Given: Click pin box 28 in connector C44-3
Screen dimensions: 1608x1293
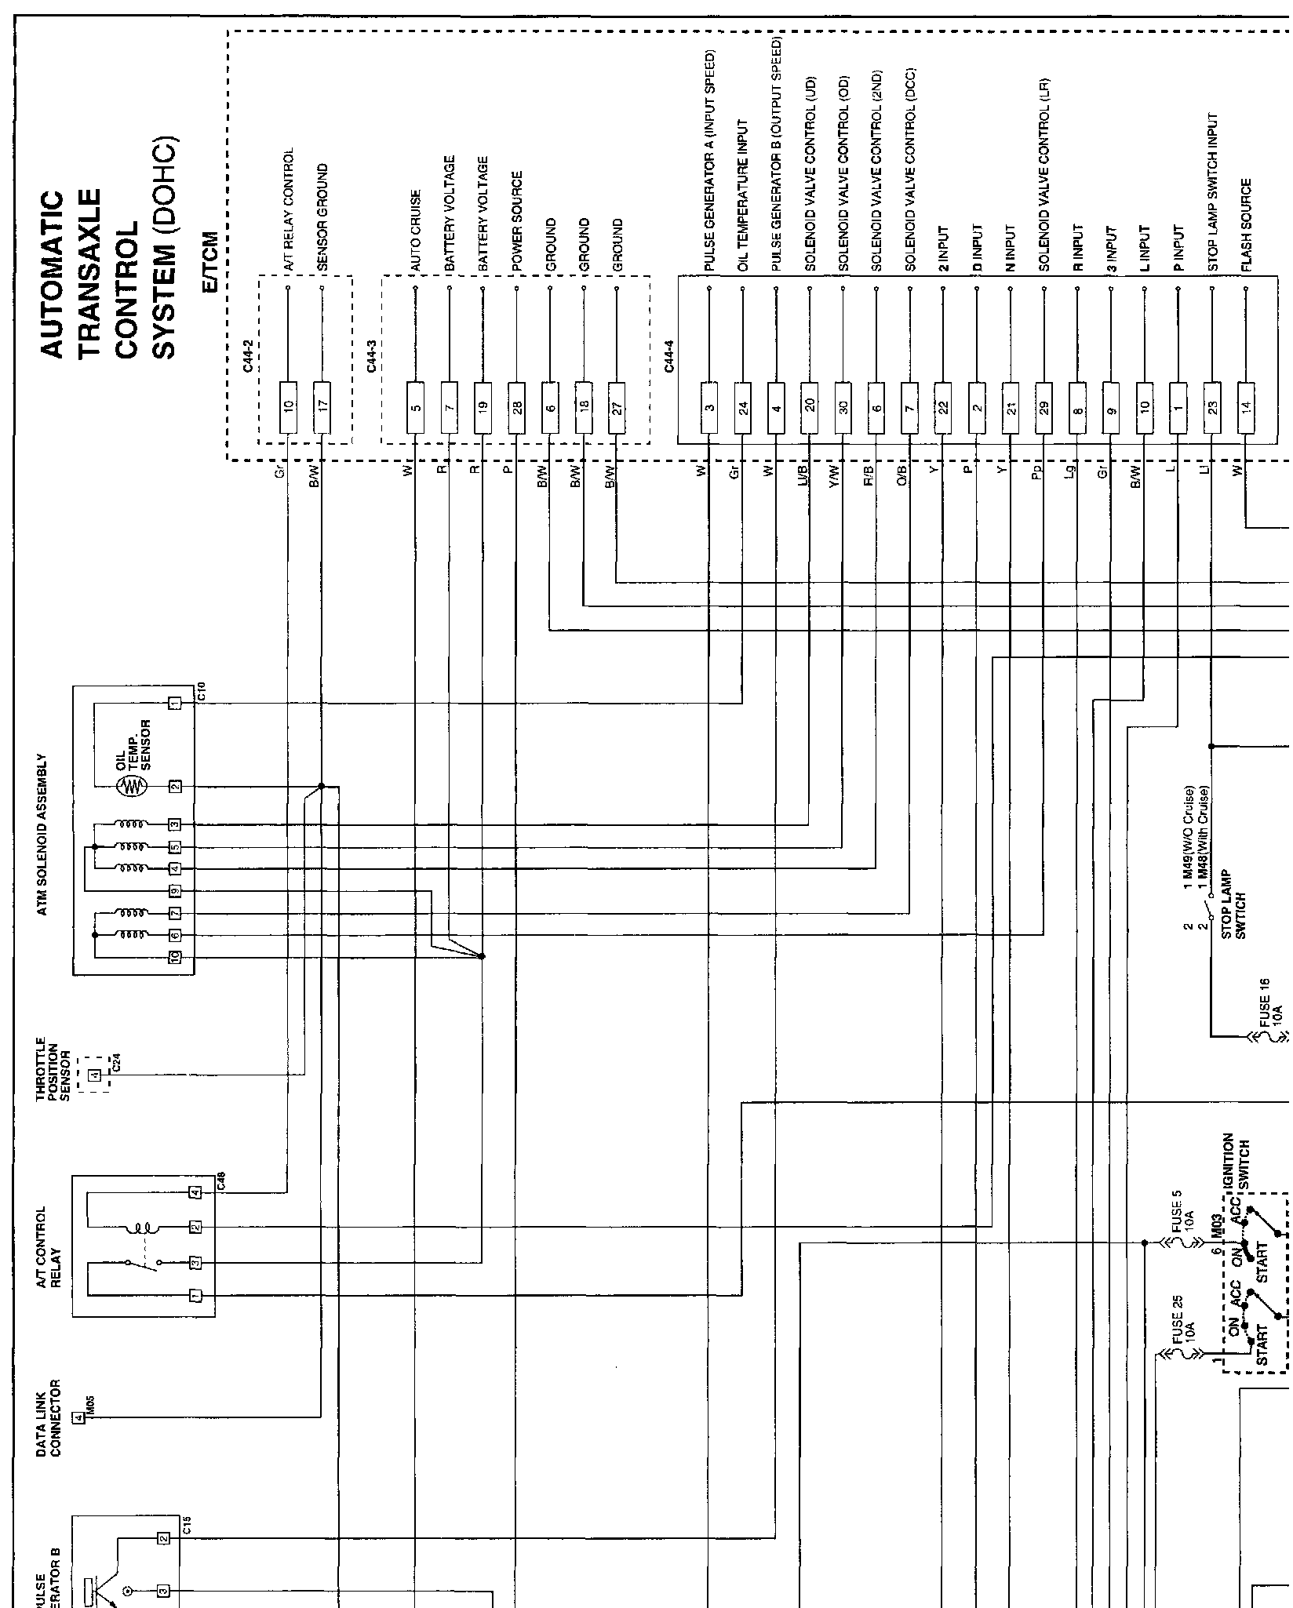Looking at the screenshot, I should coord(516,407).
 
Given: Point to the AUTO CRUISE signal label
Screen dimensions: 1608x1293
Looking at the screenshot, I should coord(416,231).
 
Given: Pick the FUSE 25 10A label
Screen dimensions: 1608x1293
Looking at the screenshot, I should coord(1185,1319).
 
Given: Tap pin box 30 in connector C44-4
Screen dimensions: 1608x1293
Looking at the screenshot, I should coord(843,407).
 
